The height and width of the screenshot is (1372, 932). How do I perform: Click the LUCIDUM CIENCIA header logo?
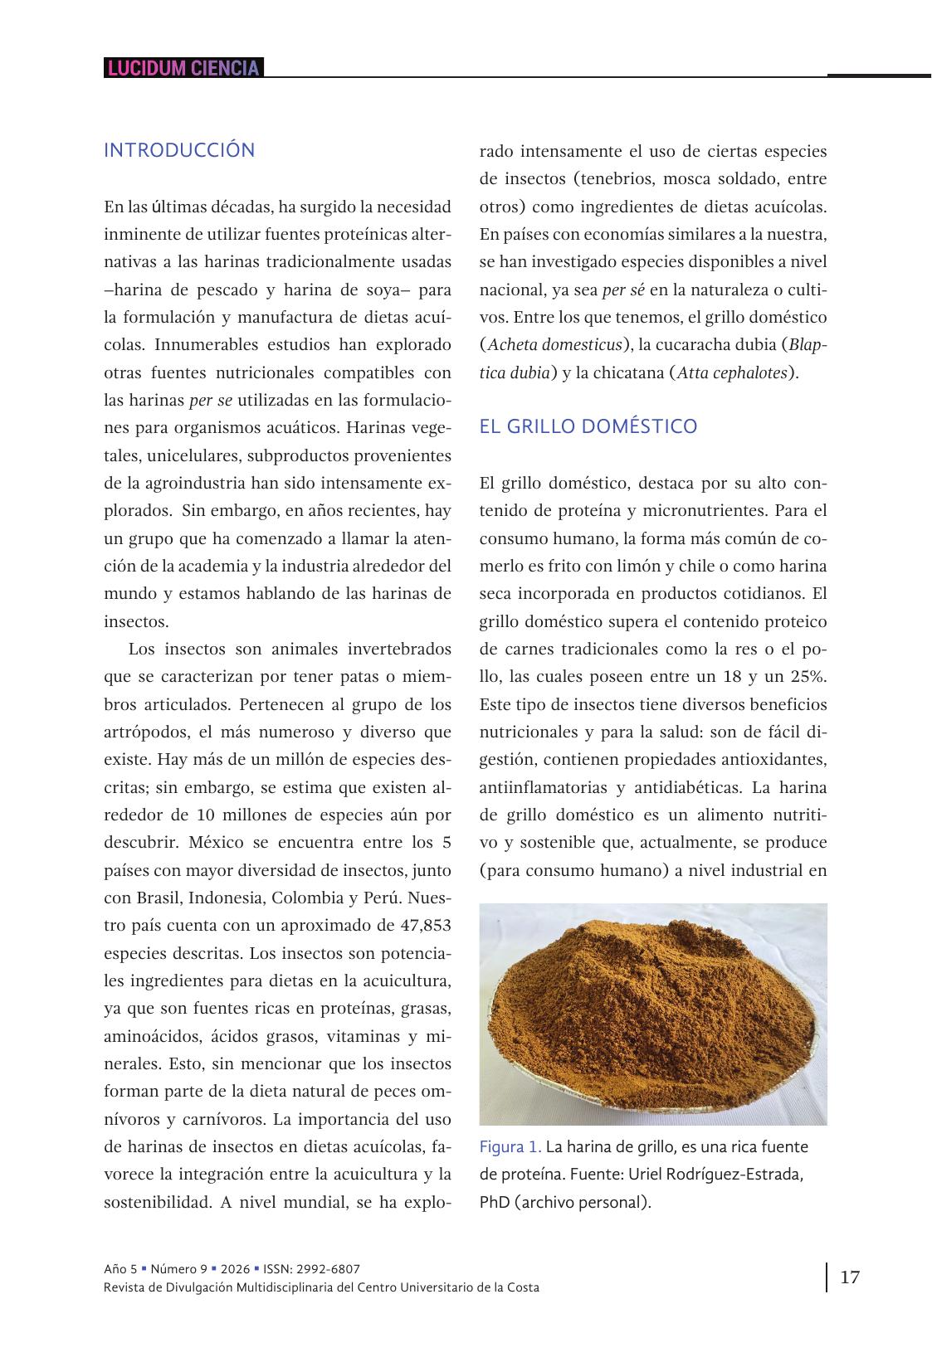pyautogui.click(x=183, y=68)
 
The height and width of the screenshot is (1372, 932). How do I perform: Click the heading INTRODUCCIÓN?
pyautogui.click(x=179, y=150)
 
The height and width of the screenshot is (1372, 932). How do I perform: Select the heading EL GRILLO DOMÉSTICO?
pyautogui.click(x=588, y=426)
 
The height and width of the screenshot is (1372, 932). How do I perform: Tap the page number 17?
pyautogui.click(x=850, y=1277)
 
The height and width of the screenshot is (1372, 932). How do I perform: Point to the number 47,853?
pyautogui.click(x=418, y=926)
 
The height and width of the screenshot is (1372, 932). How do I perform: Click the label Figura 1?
pyautogui.click(x=510, y=1147)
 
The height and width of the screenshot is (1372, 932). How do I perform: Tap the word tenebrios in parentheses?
pyautogui.click(x=612, y=179)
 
